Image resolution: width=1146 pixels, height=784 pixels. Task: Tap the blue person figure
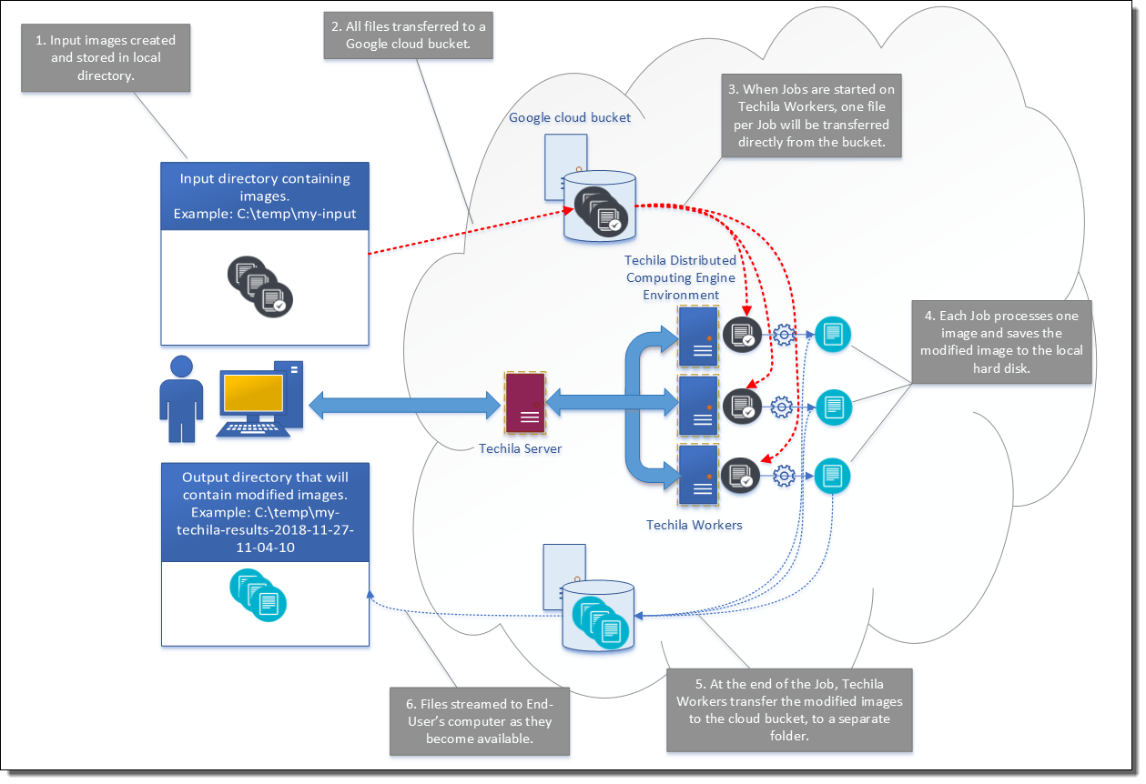click(x=182, y=399)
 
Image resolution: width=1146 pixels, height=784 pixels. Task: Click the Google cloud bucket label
click(x=570, y=117)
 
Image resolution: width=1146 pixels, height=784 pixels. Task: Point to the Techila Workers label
click(x=695, y=525)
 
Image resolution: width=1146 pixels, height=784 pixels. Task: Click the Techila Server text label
click(x=521, y=448)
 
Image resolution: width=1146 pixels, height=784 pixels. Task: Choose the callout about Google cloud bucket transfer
click(x=408, y=35)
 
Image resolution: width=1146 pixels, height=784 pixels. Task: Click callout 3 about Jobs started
click(x=813, y=116)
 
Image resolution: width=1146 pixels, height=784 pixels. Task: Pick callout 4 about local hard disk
click(x=1001, y=342)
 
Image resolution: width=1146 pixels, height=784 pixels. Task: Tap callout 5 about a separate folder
click(x=789, y=709)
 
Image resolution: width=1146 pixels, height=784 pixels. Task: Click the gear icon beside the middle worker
click(x=781, y=406)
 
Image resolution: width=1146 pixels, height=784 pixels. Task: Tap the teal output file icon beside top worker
click(x=832, y=335)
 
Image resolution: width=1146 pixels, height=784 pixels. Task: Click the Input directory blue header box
click(x=265, y=196)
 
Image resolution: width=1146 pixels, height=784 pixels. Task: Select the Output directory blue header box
click(x=265, y=512)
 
